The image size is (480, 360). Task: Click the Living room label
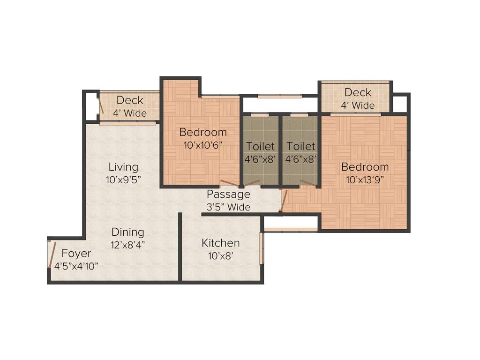[x=123, y=167]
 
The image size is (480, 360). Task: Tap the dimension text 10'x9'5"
[x=123, y=179]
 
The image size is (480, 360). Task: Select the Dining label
[x=127, y=232]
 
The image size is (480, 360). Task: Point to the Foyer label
[x=76, y=254]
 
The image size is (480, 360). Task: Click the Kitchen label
[x=220, y=243]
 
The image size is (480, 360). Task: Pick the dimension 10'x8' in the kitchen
[x=220, y=256]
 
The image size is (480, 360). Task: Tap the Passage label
[x=228, y=195]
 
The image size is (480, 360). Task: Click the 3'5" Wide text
[x=228, y=207]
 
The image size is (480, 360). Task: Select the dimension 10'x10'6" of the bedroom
[x=203, y=145]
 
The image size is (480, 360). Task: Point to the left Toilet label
[x=260, y=147]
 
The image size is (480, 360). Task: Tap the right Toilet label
[x=301, y=147]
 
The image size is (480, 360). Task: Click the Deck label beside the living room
[x=130, y=100]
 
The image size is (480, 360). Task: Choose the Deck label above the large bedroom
[x=358, y=92]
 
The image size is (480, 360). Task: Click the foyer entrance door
[x=52, y=254]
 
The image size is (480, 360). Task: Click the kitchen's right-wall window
[x=261, y=248]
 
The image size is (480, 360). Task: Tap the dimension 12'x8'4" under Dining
[x=127, y=244]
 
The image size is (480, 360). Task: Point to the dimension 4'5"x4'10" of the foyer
[x=76, y=266]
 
